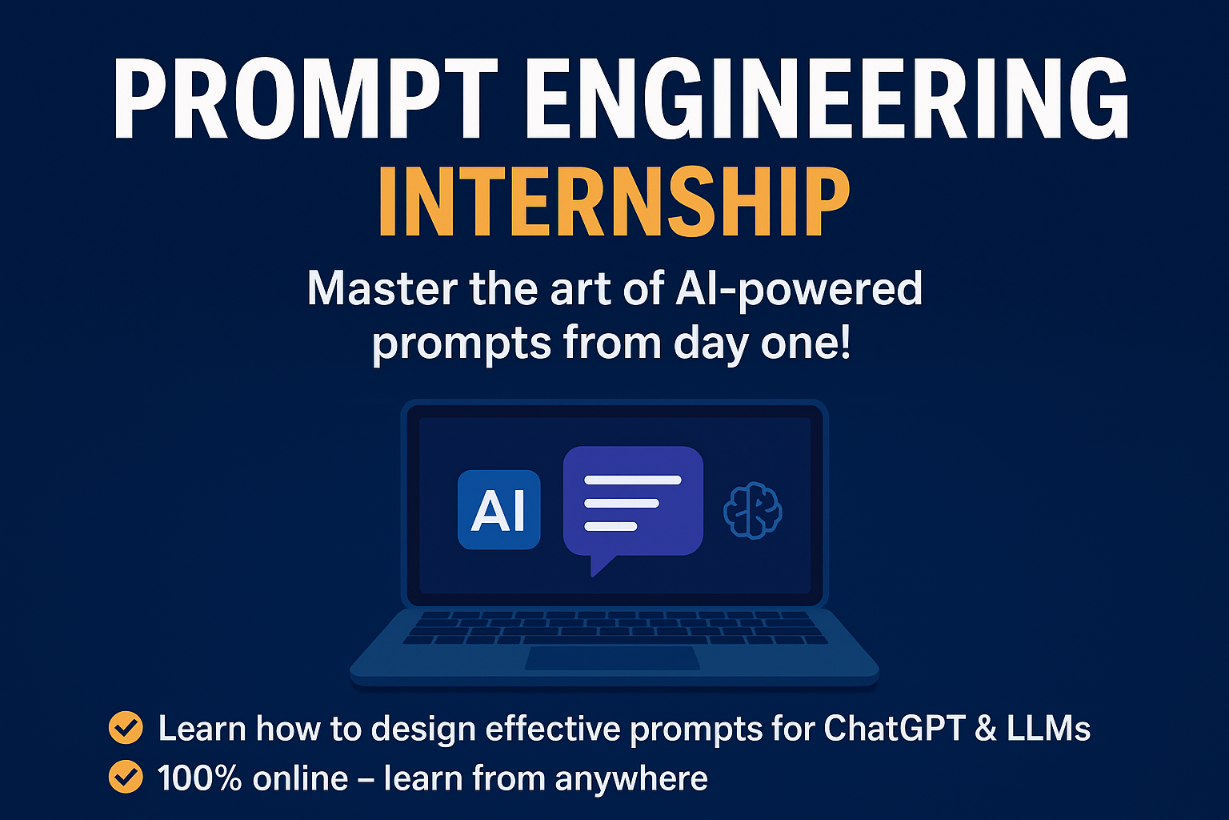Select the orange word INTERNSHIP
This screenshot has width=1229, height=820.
(x=614, y=201)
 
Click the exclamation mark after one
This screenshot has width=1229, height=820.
(x=845, y=342)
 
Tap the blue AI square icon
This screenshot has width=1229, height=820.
(x=498, y=509)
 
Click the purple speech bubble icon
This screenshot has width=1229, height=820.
(x=633, y=505)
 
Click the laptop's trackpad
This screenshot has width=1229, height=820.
(x=612, y=658)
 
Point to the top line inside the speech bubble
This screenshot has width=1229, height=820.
(x=633, y=480)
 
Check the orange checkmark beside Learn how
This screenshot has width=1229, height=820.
(x=126, y=728)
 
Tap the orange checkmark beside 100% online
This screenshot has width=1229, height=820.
(x=126, y=777)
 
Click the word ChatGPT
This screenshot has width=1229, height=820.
(x=895, y=728)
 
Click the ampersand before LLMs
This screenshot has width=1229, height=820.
(x=986, y=728)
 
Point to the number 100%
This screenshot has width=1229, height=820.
(x=199, y=778)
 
